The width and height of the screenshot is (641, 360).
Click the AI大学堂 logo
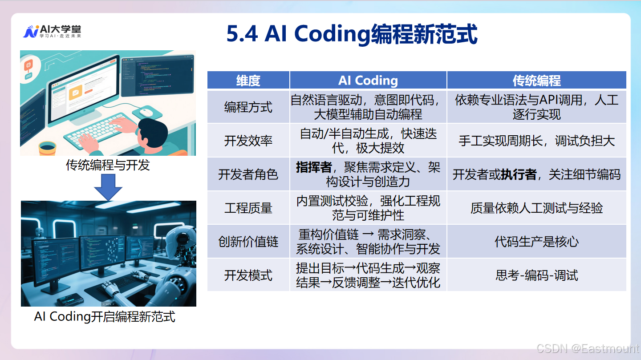pos(52,32)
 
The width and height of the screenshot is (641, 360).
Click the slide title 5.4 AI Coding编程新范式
pos(352,34)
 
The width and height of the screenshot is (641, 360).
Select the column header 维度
pos(248,81)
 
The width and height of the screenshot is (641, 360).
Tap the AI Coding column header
pos(368,81)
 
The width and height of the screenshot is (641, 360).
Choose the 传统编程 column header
pos(536,81)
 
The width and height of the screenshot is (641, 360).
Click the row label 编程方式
pos(248,107)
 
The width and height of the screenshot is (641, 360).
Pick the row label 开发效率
pos(248,141)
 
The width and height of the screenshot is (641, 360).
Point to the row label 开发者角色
pos(248,174)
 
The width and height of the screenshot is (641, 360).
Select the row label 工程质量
pos(248,208)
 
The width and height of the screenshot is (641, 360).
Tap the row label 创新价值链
pos(248,242)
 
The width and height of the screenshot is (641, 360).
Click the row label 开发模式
pos(248,275)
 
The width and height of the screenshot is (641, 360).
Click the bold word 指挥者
pos(314,167)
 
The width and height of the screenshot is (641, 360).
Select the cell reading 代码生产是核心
pos(536,242)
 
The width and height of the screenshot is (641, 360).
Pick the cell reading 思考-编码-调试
pos(536,275)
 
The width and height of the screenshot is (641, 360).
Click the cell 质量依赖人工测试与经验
pos(536,208)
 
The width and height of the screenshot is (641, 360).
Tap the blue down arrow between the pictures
pos(108,187)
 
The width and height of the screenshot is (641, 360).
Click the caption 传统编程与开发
pos(108,165)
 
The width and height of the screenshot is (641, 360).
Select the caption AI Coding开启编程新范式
pos(105,317)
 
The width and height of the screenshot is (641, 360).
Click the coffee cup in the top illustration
pos(48,148)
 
